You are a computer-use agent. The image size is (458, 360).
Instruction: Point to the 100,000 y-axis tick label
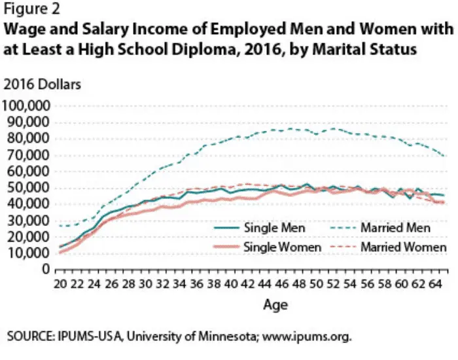tap(27, 106)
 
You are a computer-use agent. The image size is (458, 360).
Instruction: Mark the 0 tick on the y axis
tap(46, 270)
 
